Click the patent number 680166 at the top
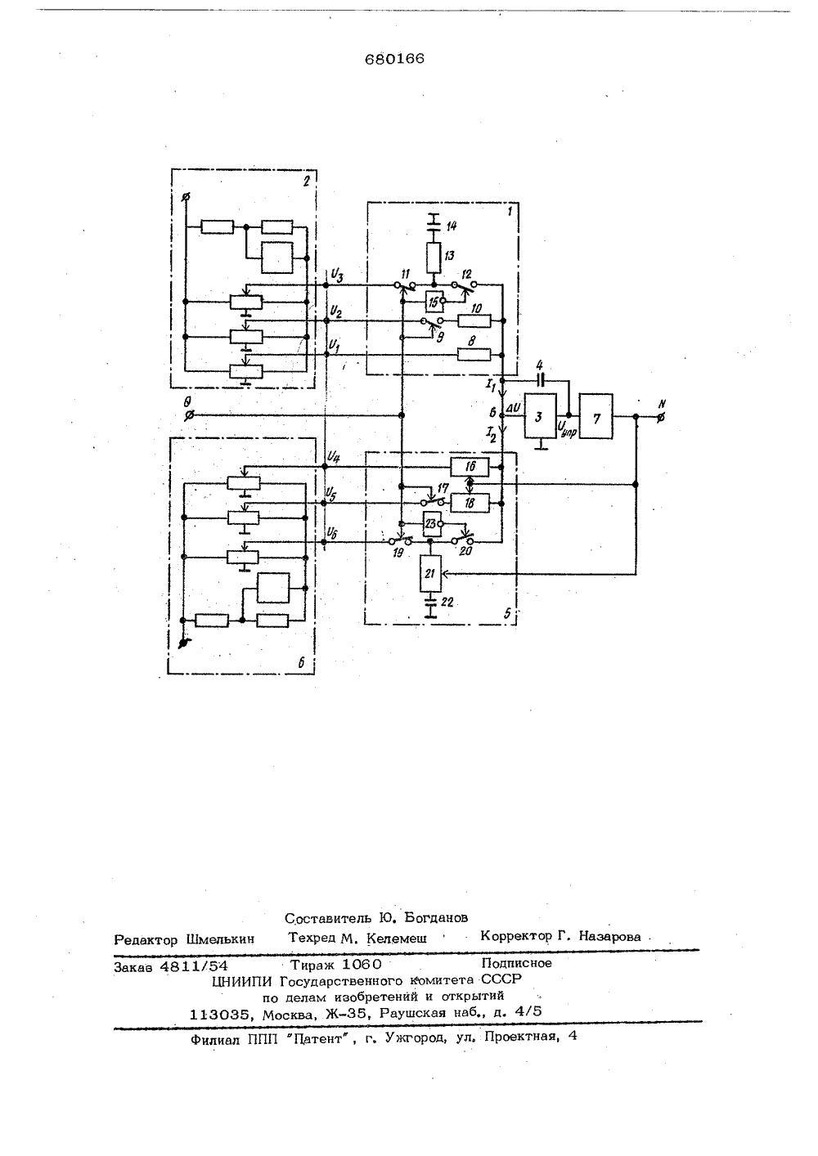pos(394,60)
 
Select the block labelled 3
pos(540,416)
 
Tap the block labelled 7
pos(596,416)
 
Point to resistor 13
pos(434,258)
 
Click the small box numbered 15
pos(434,302)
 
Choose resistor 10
pos(474,321)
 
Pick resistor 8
pos(474,355)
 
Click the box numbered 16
pos(470,467)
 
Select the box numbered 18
pos(470,503)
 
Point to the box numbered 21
pos(431,573)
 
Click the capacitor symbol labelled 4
pos(540,381)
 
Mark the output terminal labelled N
pos(660,418)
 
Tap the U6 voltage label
pos(332,533)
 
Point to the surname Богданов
pos(436,917)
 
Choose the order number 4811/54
pos(194,966)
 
